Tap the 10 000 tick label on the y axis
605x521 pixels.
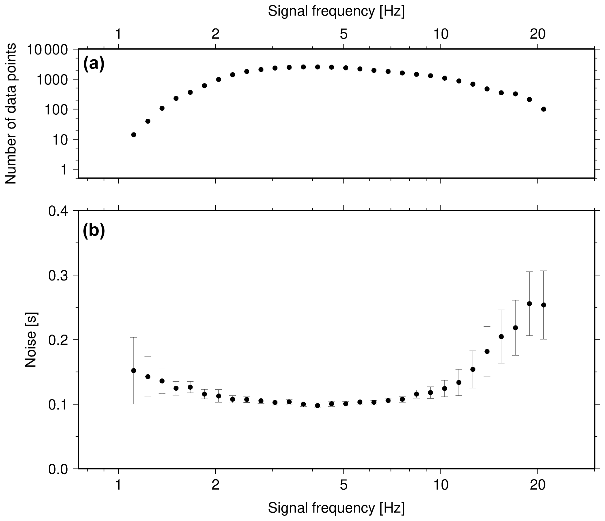click(52, 50)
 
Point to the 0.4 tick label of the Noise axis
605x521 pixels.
click(58, 211)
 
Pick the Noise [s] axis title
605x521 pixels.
click(31, 340)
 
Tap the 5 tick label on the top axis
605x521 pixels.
click(344, 35)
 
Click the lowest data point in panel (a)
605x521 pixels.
click(134, 135)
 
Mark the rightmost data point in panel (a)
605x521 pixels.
click(543, 109)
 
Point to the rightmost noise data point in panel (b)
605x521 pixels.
click(543, 305)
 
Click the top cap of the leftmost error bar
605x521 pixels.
click(134, 338)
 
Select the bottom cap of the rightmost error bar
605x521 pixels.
click(543, 339)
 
